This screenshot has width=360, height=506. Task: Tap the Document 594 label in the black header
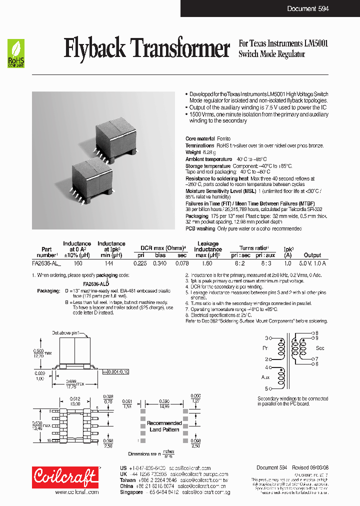point(308,8)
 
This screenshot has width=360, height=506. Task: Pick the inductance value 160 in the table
point(77,263)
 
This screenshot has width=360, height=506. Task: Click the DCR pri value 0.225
point(140,263)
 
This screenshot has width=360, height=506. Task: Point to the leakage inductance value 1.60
point(207,263)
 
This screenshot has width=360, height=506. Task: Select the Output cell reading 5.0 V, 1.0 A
point(312,263)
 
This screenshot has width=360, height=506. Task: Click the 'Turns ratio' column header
point(254,248)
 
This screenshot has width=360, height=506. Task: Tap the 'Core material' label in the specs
point(200,138)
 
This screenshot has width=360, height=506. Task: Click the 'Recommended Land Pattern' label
point(164,426)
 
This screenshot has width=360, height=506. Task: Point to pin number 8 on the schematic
point(316,332)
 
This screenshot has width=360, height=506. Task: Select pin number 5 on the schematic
point(266,388)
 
